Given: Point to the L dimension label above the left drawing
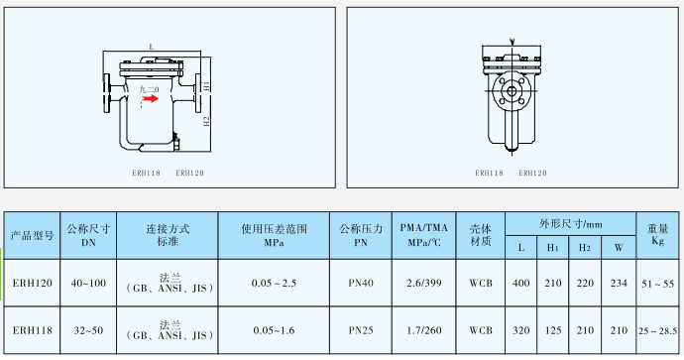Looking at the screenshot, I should pos(151,47).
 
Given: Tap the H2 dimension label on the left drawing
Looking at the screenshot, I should pos(207,121).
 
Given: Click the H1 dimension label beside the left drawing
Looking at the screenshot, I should pos(207,86).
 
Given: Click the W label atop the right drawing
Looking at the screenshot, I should pos(512,41).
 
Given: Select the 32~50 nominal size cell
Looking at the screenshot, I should pos(87,329).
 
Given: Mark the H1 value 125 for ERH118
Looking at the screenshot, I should pos(554,329).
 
